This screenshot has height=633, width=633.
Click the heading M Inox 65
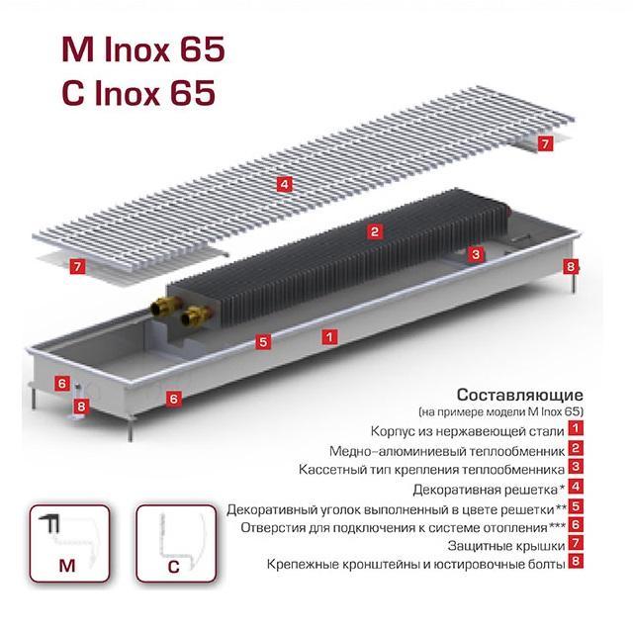(x=142, y=49)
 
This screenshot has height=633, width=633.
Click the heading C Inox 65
(x=138, y=92)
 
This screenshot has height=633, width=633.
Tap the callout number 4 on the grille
(x=285, y=185)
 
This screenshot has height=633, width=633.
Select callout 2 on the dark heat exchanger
(x=375, y=231)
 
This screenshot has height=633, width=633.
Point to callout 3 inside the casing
(x=476, y=254)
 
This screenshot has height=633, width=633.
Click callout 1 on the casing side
(x=329, y=336)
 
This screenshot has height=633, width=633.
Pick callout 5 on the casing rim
(x=263, y=342)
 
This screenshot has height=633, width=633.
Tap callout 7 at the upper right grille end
(x=545, y=143)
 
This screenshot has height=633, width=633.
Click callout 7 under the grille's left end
(x=77, y=266)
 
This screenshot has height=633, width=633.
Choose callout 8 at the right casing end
(x=571, y=266)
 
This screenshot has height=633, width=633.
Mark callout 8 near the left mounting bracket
(x=81, y=406)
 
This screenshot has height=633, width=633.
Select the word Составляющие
(x=520, y=395)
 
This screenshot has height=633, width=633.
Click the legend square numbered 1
(x=576, y=428)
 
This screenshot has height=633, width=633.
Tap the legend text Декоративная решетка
(x=486, y=490)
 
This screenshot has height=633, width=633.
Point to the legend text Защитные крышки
(x=506, y=546)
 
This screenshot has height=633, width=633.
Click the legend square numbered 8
(x=576, y=561)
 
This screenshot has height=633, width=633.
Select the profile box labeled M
(x=69, y=543)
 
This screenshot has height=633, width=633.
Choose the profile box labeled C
(x=176, y=543)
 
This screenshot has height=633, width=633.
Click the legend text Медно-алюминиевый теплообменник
(x=447, y=451)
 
